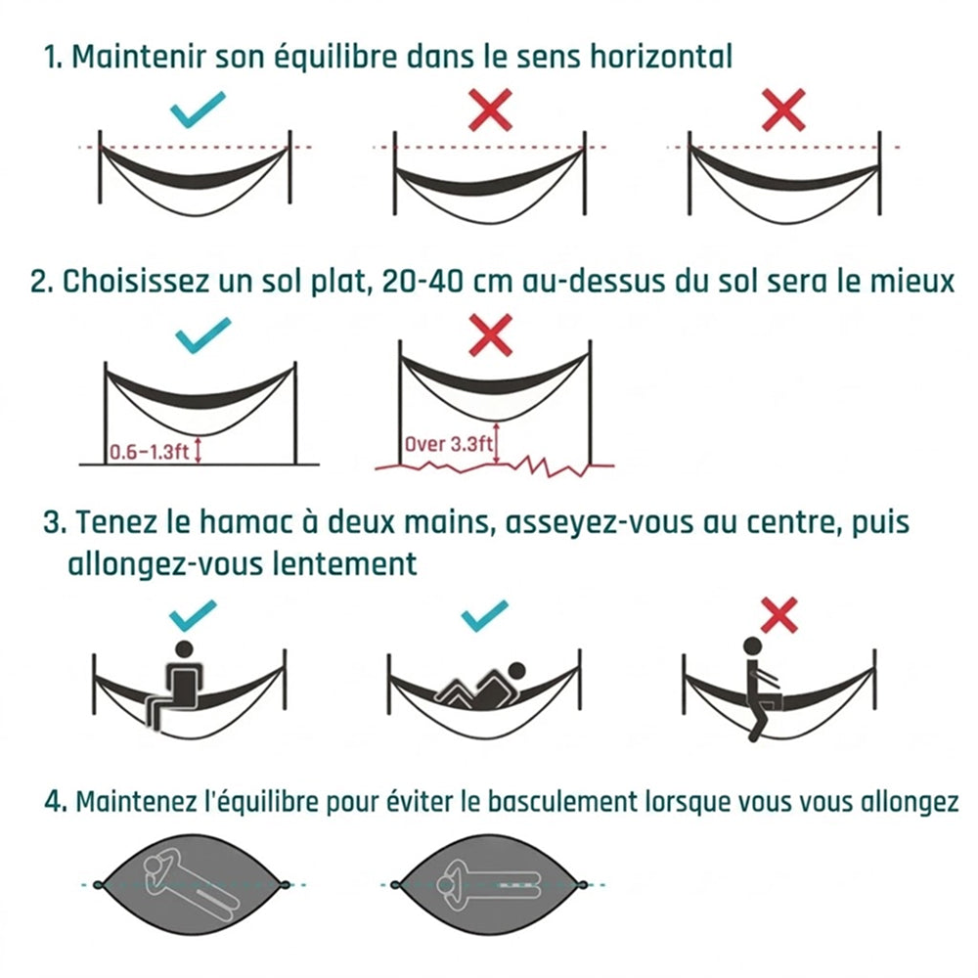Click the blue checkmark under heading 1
click(x=197, y=110)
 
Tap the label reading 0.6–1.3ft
click(x=149, y=451)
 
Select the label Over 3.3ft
click(x=449, y=444)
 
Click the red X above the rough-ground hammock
click(x=490, y=335)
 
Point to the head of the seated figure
click(x=184, y=649)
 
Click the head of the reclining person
click(x=515, y=672)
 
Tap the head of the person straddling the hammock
click(x=752, y=646)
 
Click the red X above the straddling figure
click(x=779, y=615)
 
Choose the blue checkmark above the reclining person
click(x=485, y=615)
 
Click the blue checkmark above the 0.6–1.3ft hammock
click(x=202, y=334)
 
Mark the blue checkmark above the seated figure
click(x=193, y=615)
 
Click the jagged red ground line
click(x=494, y=466)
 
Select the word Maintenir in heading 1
click(x=139, y=57)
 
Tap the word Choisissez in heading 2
click(x=135, y=282)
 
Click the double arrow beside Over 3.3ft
click(x=497, y=443)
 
